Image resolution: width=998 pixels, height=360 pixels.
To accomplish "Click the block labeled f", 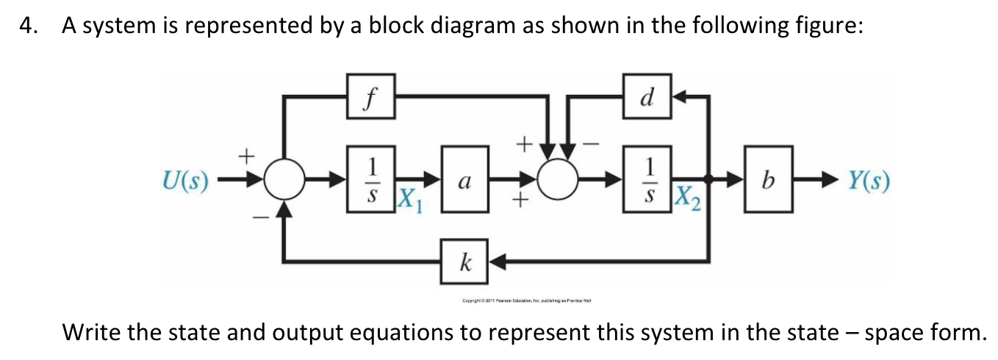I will click(x=372, y=96).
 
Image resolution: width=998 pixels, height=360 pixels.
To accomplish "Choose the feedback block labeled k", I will click(x=464, y=261).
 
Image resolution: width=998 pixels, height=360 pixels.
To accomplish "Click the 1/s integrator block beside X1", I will click(x=372, y=181).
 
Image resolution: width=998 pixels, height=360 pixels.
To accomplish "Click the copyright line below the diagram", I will click(x=527, y=300).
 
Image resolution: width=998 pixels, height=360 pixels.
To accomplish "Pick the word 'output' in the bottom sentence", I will click(x=415, y=334).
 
